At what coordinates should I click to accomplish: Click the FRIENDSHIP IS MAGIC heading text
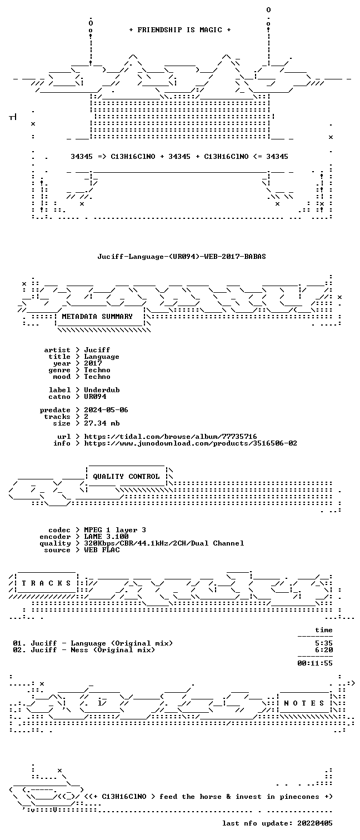[180, 30]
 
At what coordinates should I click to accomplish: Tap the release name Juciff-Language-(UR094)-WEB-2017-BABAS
[182, 257]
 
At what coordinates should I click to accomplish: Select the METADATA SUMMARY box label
[97, 317]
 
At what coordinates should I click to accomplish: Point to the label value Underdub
[102, 389]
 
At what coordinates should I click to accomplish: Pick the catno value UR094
[95, 396]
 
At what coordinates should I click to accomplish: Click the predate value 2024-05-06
[106, 410]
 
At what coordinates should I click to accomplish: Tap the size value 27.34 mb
[102, 423]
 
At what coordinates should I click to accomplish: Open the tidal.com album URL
[171, 437]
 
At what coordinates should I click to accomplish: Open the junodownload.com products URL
[191, 443]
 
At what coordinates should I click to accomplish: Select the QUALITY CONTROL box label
[126, 477]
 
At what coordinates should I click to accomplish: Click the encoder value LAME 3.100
[106, 537]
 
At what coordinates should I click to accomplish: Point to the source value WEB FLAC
[102, 550]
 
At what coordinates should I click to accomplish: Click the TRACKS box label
[46, 583]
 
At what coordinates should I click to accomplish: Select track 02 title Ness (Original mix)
[113, 650]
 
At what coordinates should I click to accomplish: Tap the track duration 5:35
[324, 643]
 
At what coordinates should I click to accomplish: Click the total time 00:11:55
[315, 663]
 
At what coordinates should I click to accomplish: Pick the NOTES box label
[304, 703]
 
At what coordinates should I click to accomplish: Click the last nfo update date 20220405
[315, 823]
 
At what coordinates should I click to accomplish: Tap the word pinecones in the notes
[299, 797]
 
